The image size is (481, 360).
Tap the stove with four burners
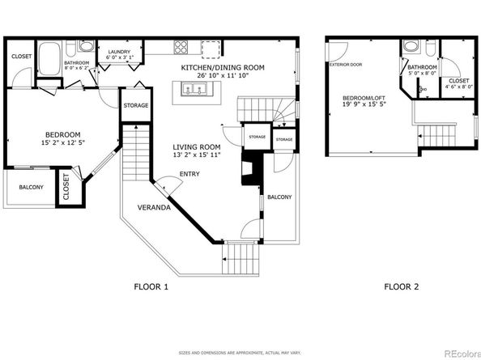[179, 46]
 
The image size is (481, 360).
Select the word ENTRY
[190, 173]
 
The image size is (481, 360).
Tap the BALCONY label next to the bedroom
[31, 187]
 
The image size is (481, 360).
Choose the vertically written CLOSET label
[66, 187]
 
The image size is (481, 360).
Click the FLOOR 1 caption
[151, 286]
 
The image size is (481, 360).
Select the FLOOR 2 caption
[402, 286]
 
